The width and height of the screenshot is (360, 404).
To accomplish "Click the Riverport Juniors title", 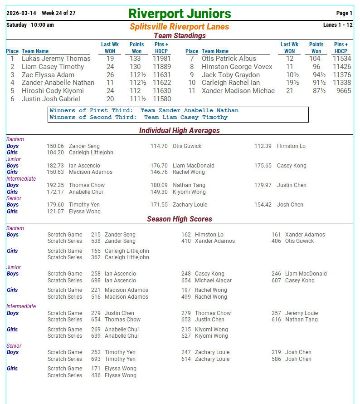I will (180, 14).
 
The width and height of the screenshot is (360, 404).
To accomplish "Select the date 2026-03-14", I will (21, 13).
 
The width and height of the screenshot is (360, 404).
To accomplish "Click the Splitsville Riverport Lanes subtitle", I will (179, 27).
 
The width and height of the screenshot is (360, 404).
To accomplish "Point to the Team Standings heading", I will (180, 35).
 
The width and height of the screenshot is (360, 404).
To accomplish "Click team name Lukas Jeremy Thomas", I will (56, 59).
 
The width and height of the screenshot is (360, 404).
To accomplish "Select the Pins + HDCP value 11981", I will (161, 59).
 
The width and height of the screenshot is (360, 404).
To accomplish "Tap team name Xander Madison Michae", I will (238, 91).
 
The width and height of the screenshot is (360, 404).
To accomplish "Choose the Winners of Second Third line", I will (139, 117).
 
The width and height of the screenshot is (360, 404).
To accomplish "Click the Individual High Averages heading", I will (179, 131).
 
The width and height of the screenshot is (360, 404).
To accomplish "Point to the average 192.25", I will (55, 185).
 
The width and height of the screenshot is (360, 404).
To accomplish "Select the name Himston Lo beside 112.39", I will (291, 146).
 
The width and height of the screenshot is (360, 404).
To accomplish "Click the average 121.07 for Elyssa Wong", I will (55, 212).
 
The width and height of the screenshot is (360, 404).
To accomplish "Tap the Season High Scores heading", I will (179, 219).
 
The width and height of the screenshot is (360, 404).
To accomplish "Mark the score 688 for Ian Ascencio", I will (96, 281).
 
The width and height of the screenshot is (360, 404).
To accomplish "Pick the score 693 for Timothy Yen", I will (96, 359).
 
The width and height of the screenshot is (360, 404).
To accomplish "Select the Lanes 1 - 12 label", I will (337, 25).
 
